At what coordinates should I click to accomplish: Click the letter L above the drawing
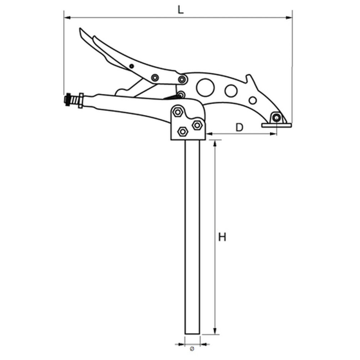[181, 9]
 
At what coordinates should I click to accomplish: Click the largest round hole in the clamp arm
[206, 87]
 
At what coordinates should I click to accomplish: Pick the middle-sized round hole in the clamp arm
[231, 91]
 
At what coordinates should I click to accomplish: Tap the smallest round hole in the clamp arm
[253, 100]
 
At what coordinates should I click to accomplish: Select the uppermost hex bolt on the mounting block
[177, 112]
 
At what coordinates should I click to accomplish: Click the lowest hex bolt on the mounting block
[183, 131]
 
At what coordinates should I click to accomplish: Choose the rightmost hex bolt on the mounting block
[197, 125]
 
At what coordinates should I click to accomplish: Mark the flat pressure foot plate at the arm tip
[275, 125]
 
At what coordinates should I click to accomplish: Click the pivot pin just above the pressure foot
[276, 118]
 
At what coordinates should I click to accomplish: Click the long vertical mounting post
[192, 234]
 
